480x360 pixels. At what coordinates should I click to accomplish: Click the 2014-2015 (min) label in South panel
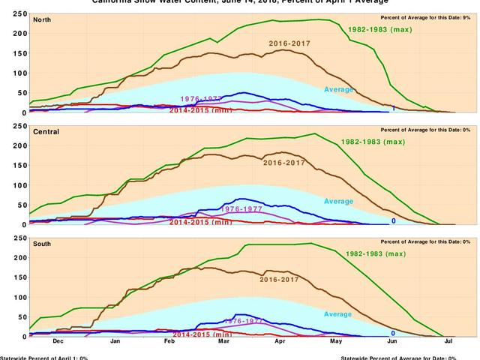[x=200, y=334]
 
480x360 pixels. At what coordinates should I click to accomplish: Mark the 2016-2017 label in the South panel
[x=280, y=279]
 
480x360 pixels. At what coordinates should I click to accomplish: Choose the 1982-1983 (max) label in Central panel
[x=372, y=142]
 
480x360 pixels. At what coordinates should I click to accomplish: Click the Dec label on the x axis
[x=58, y=342]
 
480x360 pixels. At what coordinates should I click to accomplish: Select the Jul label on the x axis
[x=448, y=342]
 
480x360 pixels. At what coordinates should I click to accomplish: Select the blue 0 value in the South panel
[x=393, y=333]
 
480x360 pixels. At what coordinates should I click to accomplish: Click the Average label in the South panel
[x=338, y=313]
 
